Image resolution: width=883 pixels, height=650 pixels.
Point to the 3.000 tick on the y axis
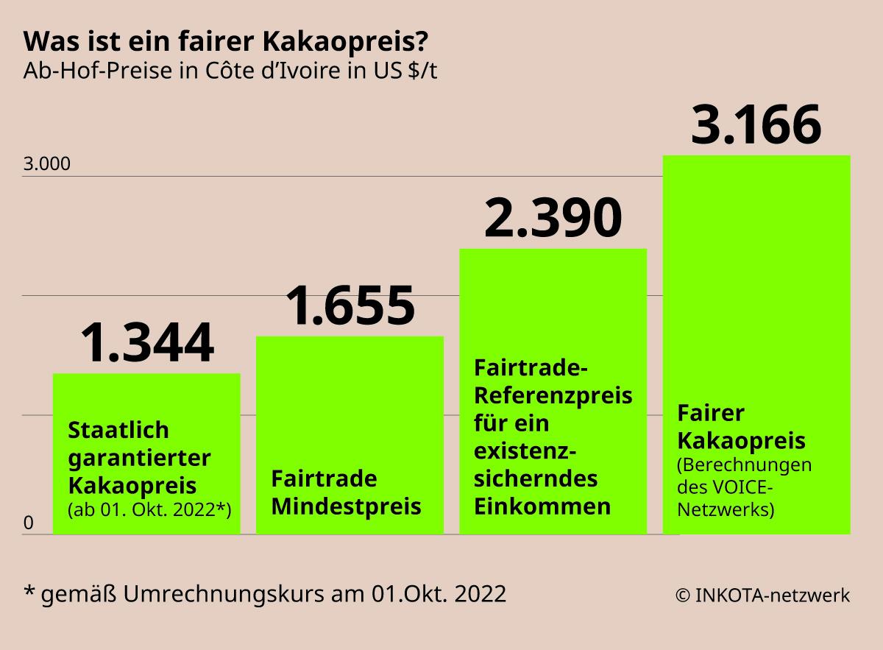pyautogui.click(x=46, y=163)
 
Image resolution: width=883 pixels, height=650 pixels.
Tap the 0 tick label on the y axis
pyautogui.click(x=29, y=523)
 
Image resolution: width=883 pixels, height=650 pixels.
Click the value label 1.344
pyautogui.click(x=146, y=344)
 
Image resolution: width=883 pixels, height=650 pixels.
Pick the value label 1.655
pyautogui.click(x=350, y=306)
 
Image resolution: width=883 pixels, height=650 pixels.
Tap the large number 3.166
pyautogui.click(x=756, y=125)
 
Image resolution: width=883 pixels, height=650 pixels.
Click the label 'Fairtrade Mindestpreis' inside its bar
pyautogui.click(x=346, y=492)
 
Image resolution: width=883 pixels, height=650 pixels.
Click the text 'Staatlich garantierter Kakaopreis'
pyautogui.click(x=140, y=457)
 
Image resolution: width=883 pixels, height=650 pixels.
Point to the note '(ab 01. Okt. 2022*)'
pyautogui.click(x=149, y=509)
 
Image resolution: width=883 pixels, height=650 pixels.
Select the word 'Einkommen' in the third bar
pyautogui.click(x=542, y=506)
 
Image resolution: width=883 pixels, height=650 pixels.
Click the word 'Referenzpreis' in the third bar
pyautogui.click(x=553, y=395)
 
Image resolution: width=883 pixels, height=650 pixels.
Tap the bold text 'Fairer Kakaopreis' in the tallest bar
pyautogui.click(x=741, y=427)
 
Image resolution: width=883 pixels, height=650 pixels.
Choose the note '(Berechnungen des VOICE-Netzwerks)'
pyautogui.click(x=744, y=487)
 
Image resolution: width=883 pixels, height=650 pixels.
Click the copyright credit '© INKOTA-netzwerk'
pyautogui.click(x=762, y=596)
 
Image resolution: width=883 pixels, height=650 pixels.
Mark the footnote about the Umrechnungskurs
pyautogui.click(x=265, y=594)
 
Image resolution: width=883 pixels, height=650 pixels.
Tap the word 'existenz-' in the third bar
pyautogui.click(x=525, y=451)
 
